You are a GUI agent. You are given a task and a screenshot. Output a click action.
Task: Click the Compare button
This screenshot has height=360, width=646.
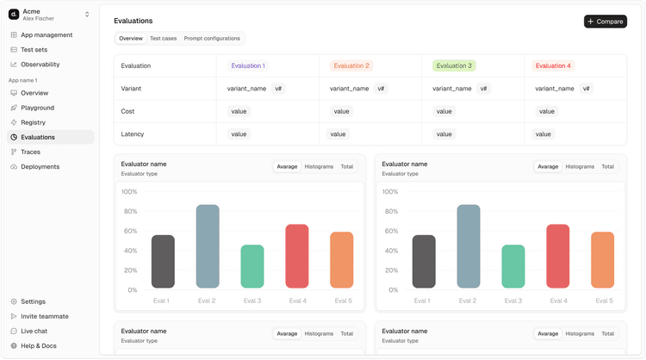pyautogui.click(x=605, y=22)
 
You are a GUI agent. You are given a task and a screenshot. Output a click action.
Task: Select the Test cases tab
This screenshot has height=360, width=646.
pyautogui.click(x=163, y=39)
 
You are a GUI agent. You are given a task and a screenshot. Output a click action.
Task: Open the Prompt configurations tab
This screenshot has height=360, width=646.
pyautogui.click(x=212, y=39)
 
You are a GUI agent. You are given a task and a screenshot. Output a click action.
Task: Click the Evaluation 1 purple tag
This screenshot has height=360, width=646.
pyautogui.click(x=247, y=65)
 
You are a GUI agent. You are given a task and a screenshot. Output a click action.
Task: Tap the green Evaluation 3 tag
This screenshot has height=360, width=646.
pyautogui.click(x=453, y=65)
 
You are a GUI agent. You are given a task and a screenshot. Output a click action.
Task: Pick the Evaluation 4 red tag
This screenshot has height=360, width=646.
pyautogui.click(x=553, y=65)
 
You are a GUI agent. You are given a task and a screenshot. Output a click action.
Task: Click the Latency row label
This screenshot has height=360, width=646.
pyautogui.click(x=134, y=134)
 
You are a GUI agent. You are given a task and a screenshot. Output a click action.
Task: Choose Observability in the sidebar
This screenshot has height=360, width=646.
pyautogui.click(x=40, y=65)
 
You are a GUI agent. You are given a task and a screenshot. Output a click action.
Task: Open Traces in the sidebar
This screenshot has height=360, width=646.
pyautogui.click(x=30, y=152)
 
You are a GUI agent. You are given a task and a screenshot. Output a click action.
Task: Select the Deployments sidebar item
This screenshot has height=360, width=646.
pyautogui.click(x=40, y=166)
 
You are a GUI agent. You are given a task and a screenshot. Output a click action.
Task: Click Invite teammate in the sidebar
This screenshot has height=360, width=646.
pyautogui.click(x=45, y=316)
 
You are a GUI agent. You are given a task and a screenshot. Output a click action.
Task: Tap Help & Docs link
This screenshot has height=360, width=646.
pyautogui.click(x=39, y=345)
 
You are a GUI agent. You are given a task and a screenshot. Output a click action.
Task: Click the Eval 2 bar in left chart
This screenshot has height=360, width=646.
pyautogui.click(x=208, y=246)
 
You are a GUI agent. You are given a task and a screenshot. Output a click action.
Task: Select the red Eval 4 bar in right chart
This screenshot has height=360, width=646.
pyautogui.click(x=558, y=256)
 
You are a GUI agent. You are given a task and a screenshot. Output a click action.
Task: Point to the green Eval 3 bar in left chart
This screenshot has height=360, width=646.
pyautogui.click(x=252, y=266)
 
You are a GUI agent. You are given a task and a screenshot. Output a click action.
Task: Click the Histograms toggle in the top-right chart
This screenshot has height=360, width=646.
pyautogui.click(x=580, y=166)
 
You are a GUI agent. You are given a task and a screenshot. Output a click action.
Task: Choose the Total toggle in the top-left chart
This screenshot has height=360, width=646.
pyautogui.click(x=346, y=166)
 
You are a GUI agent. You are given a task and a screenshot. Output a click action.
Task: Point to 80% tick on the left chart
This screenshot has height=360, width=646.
pyautogui.click(x=129, y=211)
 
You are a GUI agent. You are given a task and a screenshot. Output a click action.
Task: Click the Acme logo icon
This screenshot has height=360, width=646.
pyautogui.click(x=14, y=14)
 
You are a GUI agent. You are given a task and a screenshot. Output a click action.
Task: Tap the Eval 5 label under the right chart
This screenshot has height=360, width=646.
pyautogui.click(x=603, y=301)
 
